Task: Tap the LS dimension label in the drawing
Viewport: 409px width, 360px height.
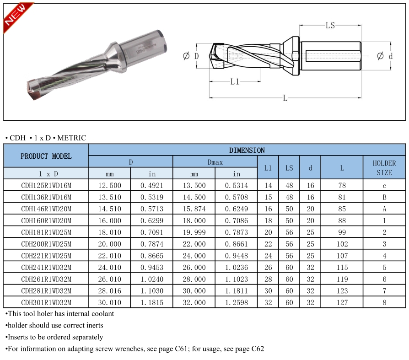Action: pos(330,26)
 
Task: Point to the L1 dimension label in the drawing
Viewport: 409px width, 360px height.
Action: pos(235,82)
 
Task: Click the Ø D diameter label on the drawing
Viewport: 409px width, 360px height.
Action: pos(191,56)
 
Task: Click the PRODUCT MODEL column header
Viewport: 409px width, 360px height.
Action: pos(46,156)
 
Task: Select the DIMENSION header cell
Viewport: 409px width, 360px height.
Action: pos(247,150)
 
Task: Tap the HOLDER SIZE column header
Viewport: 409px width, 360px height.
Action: pos(384,167)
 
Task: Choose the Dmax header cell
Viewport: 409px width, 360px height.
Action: pos(215,162)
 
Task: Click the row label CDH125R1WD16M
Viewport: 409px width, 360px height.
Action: pos(46,185)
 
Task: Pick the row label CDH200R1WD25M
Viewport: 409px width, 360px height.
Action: pos(46,244)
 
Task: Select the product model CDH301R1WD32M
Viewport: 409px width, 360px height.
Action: pos(46,302)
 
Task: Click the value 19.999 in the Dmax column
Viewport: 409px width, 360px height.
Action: pos(194,232)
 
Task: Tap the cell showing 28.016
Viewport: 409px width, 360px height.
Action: pos(109,290)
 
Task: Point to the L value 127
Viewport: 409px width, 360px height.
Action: pos(342,302)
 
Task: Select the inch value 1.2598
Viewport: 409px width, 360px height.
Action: pos(236,302)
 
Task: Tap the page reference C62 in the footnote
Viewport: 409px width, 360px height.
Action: pos(258,349)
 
